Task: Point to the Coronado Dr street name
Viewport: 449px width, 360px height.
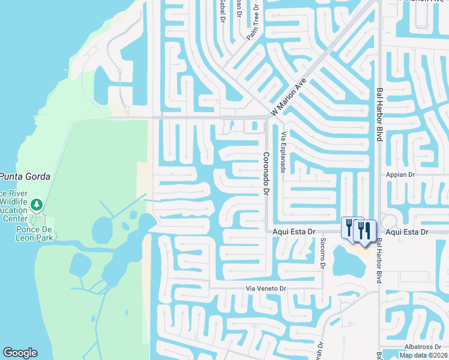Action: coord(264,173)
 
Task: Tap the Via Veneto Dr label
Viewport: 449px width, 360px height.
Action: coord(268,289)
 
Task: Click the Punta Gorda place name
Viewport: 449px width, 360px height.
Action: coord(24,176)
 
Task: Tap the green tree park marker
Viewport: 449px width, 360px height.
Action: coord(37,206)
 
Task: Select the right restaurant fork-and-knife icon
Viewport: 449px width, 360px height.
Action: coord(365,230)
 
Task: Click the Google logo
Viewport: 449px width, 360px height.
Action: coord(20,353)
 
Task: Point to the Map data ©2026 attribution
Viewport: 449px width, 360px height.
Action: coord(423,355)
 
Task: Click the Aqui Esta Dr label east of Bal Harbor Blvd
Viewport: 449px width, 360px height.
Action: coord(407,232)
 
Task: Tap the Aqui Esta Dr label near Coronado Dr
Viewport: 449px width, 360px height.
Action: coord(294,232)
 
